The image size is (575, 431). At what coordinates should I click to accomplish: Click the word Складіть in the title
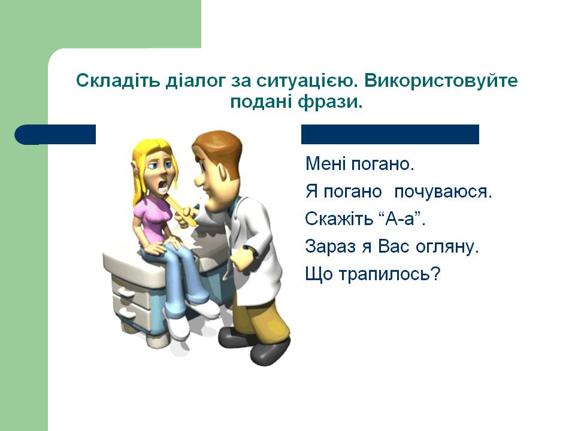point(118,80)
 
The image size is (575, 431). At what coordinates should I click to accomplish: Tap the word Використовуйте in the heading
point(441,81)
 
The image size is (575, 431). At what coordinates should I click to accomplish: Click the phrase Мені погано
point(360,163)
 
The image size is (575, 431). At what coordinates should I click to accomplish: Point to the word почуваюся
point(443,192)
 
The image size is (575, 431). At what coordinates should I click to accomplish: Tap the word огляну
point(447,247)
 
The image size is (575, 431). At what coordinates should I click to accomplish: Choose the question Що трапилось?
point(372,274)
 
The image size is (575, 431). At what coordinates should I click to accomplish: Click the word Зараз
point(330,246)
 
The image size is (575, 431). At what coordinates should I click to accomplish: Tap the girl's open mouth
point(161,188)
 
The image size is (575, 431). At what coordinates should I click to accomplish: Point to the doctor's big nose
point(201,180)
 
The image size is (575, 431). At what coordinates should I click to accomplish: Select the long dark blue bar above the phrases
point(390,134)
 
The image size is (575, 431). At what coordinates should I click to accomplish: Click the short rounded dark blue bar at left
point(55,135)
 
